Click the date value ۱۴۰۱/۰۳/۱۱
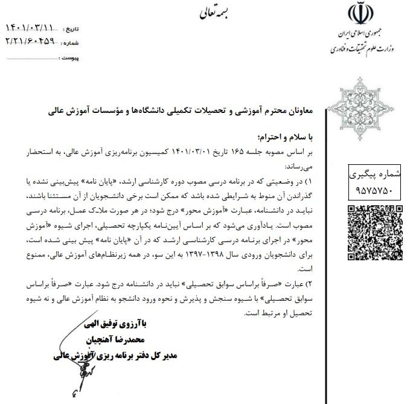pyautogui.click(x=30, y=28)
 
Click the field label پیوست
pyautogui.click(x=71, y=58)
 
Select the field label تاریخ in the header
pyautogui.click(x=71, y=29)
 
